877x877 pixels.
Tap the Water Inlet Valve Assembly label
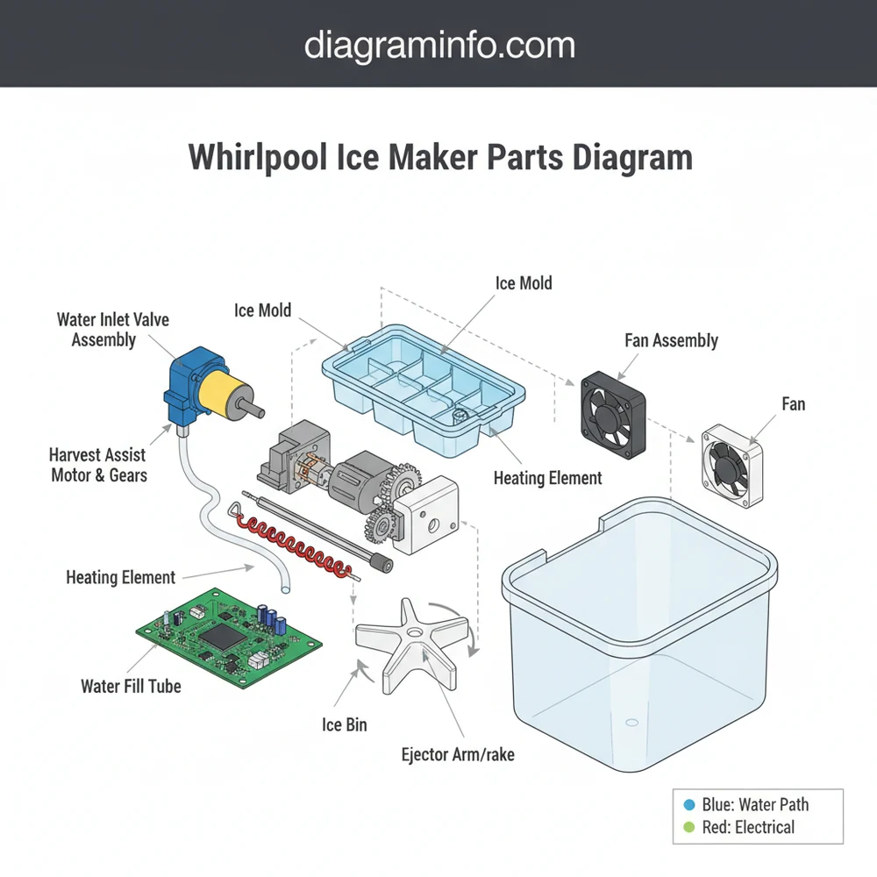[113, 329]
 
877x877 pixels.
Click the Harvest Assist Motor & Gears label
[99, 465]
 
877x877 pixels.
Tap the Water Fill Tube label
[131, 686]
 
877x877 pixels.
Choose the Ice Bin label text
[345, 724]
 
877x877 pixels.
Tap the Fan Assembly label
[671, 340]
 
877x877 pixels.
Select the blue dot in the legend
[688, 803]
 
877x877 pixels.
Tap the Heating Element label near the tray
[547, 478]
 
